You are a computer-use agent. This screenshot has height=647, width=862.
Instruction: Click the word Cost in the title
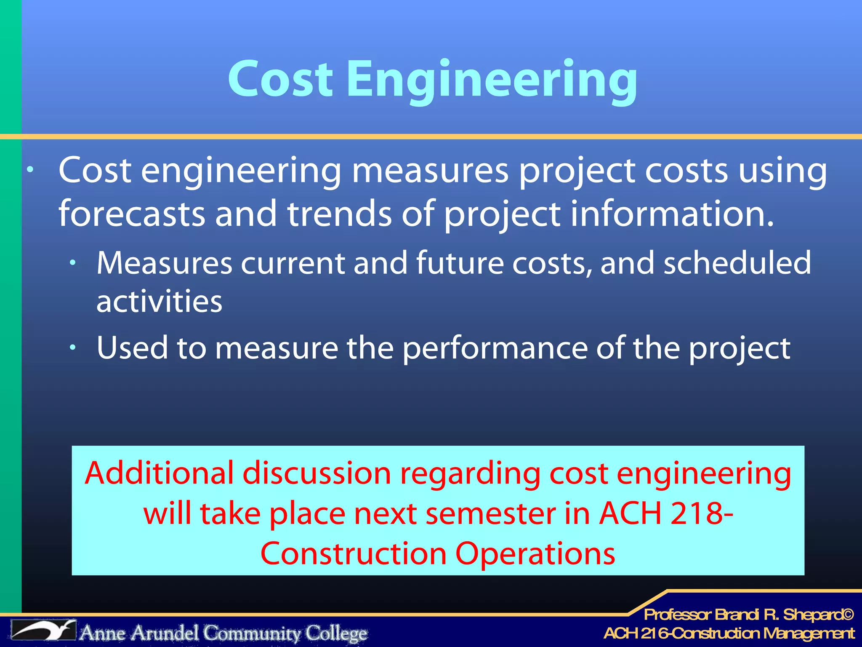[x=280, y=79]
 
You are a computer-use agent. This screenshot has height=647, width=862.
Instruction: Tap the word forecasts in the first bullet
[x=132, y=214]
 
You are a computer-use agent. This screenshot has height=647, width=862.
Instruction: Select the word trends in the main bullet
[x=340, y=214]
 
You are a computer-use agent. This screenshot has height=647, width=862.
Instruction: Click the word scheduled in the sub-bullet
[x=737, y=263]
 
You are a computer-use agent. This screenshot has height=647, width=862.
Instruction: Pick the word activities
[x=159, y=302]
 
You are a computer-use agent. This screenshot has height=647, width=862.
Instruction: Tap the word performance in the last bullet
[x=495, y=348]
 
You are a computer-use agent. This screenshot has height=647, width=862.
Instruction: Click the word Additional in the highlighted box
[x=159, y=473]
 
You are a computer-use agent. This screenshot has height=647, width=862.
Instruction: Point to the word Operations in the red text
[x=535, y=554]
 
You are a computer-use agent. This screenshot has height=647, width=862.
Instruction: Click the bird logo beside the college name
[x=43, y=630]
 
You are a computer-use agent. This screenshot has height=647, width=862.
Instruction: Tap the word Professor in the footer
[x=678, y=615]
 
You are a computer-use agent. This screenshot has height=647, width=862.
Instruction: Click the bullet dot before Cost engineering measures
[x=30, y=170]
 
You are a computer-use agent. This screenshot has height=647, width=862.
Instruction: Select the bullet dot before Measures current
[x=73, y=263]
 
